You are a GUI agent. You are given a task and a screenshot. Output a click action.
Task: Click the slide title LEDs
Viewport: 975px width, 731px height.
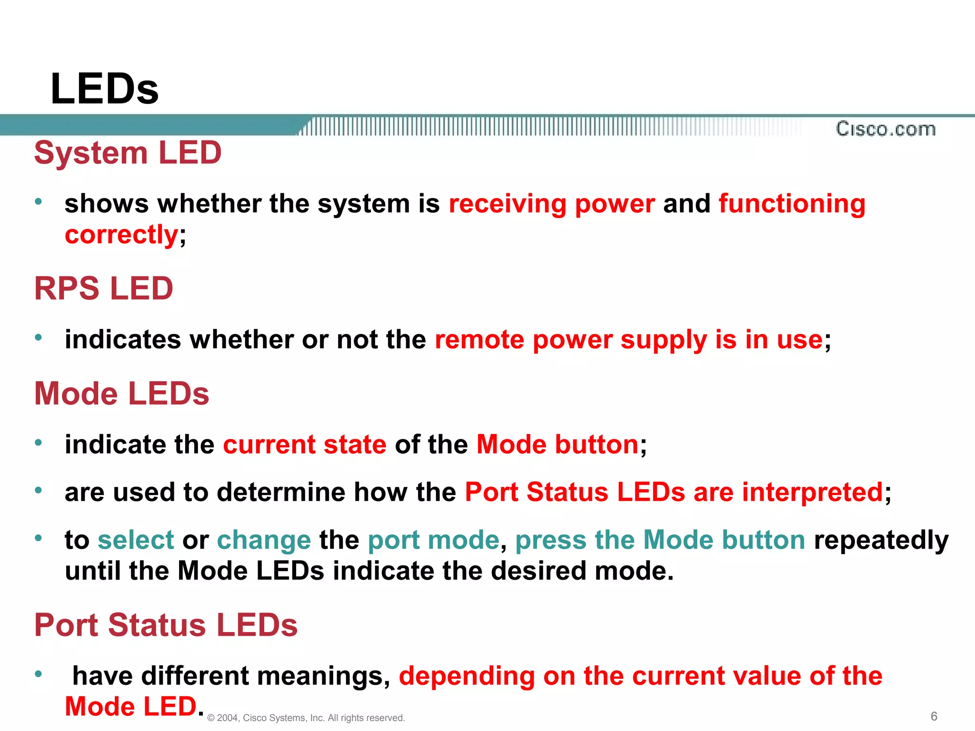[104, 89]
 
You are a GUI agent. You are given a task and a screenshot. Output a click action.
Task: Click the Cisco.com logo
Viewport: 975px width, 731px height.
[885, 129]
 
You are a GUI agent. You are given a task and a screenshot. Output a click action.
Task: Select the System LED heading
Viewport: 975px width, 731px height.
[128, 153]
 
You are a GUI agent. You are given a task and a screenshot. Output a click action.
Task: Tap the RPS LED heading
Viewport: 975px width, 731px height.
[103, 288]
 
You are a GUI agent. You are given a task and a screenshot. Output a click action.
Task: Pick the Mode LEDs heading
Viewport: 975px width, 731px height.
[121, 394]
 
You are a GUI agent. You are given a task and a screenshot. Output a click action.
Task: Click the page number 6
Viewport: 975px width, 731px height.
[934, 716]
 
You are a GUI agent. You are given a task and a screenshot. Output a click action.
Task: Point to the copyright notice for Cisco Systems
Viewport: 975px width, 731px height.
[306, 718]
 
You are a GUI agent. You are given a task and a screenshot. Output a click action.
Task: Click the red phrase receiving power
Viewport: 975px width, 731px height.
[552, 204]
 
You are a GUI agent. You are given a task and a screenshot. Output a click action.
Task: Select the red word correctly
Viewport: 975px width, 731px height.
[121, 235]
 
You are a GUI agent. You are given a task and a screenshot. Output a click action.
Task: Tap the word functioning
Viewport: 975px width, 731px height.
[792, 204]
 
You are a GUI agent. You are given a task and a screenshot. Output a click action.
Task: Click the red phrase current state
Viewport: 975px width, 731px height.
[305, 445]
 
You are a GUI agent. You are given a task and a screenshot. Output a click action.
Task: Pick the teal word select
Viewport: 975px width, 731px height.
[136, 540]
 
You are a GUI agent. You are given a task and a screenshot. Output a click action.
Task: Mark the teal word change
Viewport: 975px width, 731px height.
[264, 540]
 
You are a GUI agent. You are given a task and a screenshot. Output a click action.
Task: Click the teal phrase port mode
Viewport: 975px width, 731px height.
[433, 540]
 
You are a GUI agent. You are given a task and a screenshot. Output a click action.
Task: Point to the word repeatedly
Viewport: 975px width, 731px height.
[881, 540]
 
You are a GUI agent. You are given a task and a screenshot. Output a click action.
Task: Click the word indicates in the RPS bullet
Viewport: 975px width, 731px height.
[123, 339]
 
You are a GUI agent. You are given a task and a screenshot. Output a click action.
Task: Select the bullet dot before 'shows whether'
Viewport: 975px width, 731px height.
[39, 201]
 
